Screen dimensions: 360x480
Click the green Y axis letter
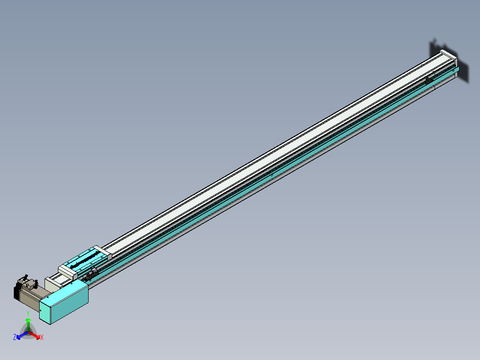coord(28,314)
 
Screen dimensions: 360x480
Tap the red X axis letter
coord(41,338)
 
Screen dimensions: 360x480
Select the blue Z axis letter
coord(15,338)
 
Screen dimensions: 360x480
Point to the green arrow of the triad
coord(28,323)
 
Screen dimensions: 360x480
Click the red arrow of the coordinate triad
coord(35,335)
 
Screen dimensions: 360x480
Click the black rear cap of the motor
coord(16,292)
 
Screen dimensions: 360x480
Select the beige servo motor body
coord(32,296)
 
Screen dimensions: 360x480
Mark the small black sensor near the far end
coord(428,80)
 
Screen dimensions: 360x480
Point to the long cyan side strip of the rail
coord(267,178)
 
